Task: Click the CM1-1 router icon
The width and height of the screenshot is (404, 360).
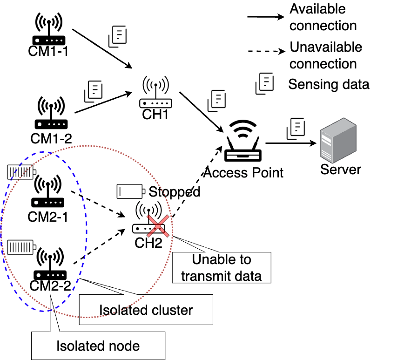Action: [49, 28]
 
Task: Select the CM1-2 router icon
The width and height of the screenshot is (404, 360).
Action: [51, 113]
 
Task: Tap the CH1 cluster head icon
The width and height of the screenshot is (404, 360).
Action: [155, 92]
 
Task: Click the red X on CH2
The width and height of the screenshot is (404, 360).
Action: [158, 226]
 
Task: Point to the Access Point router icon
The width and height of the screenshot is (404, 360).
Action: [242, 141]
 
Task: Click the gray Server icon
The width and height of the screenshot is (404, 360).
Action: [338, 140]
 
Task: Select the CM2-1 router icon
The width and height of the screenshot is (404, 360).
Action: [47, 191]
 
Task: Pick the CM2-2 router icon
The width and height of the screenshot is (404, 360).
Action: [50, 264]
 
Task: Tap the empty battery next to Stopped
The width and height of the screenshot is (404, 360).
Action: [131, 191]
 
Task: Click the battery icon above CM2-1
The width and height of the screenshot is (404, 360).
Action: [21, 172]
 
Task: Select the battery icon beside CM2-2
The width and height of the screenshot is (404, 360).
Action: [21, 247]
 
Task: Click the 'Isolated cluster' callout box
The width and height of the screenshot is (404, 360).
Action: [146, 309]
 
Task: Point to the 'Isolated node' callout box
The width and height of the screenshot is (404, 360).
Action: [98, 346]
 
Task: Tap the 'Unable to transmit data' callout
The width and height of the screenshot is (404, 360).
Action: [222, 267]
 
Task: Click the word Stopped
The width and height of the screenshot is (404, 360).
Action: [175, 191]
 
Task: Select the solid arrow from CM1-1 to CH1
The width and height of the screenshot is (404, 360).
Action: [102, 49]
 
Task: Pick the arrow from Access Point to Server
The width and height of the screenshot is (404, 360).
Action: [291, 143]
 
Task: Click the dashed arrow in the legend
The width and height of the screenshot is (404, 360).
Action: [266, 51]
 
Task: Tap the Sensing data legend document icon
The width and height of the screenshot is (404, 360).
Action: [265, 83]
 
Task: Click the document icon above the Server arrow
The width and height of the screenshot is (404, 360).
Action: [296, 129]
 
